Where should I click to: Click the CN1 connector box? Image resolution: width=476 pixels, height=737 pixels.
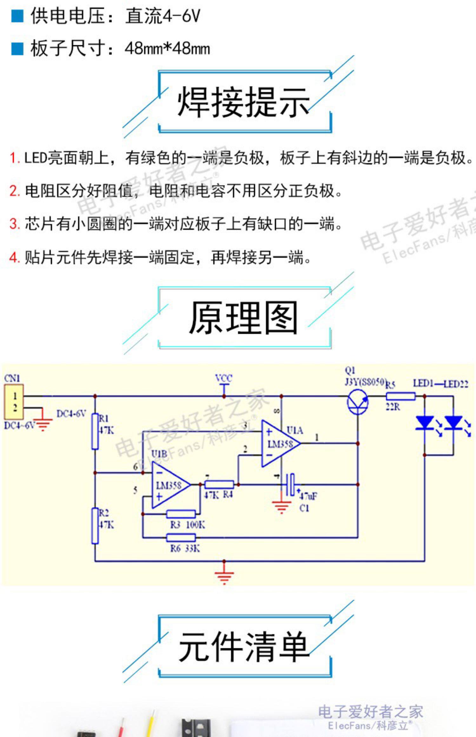click(14, 402)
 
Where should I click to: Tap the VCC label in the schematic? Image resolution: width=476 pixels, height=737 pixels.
click(224, 378)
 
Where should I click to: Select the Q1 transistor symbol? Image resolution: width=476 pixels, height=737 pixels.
click(357, 402)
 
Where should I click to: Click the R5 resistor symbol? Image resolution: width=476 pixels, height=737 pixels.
click(400, 396)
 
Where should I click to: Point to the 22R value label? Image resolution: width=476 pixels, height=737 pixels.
click(393, 407)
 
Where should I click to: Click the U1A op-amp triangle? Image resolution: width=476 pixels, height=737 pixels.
click(280, 444)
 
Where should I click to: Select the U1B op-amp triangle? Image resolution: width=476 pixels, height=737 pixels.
click(170, 485)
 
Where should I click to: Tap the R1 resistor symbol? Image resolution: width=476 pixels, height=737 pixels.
click(95, 431)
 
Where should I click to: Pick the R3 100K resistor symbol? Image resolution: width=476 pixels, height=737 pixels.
click(181, 514)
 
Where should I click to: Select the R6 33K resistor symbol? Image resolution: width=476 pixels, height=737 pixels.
click(181, 537)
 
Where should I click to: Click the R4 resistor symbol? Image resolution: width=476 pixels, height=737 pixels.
click(219, 484)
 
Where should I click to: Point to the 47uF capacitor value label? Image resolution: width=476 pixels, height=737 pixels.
click(308, 495)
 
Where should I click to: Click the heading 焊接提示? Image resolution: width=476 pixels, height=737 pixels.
click(243, 102)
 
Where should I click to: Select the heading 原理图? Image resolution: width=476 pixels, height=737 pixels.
click(243, 318)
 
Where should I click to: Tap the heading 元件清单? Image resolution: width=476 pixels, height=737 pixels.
click(243, 646)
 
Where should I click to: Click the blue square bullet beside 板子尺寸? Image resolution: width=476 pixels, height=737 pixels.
click(17, 49)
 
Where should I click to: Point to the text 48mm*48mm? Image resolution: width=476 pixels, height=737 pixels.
click(167, 49)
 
